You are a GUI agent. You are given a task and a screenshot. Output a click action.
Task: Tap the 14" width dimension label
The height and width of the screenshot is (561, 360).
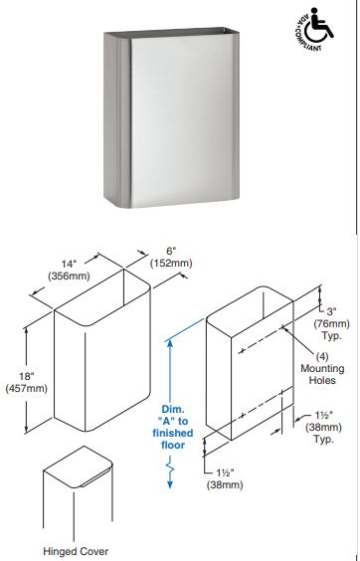pos(69,264)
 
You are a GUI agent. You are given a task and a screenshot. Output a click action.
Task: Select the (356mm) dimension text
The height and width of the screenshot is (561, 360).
pos(69,276)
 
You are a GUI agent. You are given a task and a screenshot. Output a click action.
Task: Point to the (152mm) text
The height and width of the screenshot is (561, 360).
pos(171,263)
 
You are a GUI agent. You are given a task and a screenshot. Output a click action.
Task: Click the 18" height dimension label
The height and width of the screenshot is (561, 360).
pos(27,376)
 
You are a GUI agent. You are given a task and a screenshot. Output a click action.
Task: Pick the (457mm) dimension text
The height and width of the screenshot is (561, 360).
pos(27,388)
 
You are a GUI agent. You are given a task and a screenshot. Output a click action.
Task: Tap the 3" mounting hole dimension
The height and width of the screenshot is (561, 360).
pos(331,311)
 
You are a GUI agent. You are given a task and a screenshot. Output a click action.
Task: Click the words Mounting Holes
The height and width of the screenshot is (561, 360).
pos(322,374)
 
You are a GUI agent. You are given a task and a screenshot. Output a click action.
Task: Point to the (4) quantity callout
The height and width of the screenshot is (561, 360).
pos(322,356)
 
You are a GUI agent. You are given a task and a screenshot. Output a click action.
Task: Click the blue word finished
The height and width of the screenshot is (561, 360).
pos(173,433)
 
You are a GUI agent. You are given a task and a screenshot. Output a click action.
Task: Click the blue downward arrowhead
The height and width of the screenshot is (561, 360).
pos(170,484)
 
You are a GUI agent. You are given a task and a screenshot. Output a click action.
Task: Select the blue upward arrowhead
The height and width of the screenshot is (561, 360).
pos(170,344)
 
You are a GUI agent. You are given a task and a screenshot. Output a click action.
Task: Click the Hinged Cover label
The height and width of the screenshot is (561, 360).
pos(76,551)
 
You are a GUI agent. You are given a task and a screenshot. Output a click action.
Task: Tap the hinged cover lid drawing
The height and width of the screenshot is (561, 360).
pos(78,467)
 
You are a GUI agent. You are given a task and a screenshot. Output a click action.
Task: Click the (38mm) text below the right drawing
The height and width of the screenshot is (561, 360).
pos(225,484)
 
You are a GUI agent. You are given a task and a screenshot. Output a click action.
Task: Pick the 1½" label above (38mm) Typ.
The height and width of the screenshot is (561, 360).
pos(324,415)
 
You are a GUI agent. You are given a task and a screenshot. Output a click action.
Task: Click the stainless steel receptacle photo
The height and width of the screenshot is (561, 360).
pos(172,117)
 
